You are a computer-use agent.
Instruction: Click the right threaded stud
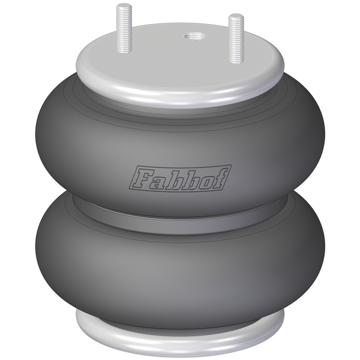click(x=236, y=38)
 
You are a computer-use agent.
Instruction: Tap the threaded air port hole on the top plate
click(x=194, y=36)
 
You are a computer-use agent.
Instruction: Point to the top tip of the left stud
click(x=124, y=5)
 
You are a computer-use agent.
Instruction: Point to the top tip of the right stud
click(x=236, y=14)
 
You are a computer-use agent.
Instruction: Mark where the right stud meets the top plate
click(x=236, y=62)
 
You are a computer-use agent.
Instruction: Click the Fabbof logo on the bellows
click(x=181, y=178)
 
